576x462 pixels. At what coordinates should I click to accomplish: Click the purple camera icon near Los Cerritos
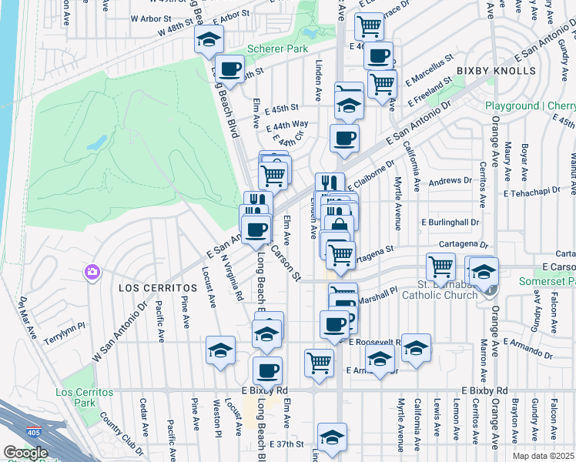[x=92, y=272]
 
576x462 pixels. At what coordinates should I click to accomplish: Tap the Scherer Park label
[x=274, y=50]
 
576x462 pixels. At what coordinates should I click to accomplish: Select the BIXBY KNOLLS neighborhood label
[x=495, y=71]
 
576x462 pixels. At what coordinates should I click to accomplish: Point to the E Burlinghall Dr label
[x=450, y=222]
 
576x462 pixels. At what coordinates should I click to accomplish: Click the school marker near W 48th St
[x=207, y=42]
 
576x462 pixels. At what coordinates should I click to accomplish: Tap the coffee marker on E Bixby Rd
[x=267, y=371]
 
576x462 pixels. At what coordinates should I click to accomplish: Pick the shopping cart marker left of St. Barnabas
[x=440, y=266]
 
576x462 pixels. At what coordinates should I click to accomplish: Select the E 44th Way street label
[x=287, y=125]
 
